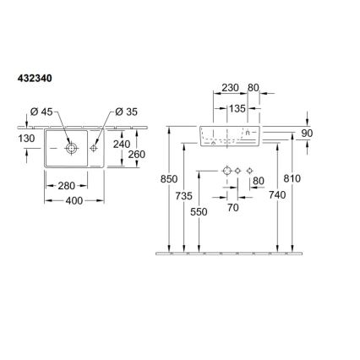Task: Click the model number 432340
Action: (x=35, y=79)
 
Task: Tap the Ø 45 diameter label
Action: (x=41, y=112)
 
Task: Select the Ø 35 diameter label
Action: (x=127, y=112)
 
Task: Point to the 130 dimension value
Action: (x=26, y=139)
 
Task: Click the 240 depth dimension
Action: (x=122, y=144)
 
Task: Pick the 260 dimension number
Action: (x=137, y=155)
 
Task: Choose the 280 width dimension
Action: (x=67, y=186)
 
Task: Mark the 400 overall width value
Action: (x=74, y=200)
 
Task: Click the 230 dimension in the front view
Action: (x=230, y=88)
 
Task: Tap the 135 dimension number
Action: (x=237, y=108)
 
